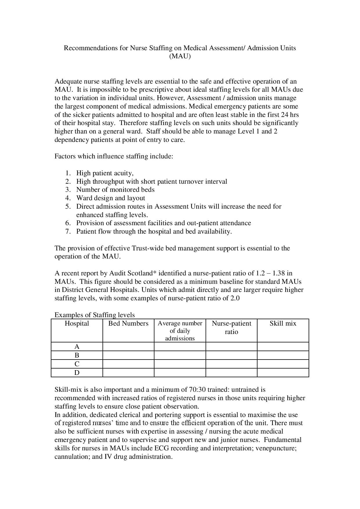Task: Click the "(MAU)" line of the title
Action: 180,56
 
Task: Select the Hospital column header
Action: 77,324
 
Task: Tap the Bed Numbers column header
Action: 128,324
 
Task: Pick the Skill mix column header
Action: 283,324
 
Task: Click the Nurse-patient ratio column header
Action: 231,327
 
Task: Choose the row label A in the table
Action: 77,346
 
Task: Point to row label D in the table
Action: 77,373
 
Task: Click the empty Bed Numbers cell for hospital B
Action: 128,355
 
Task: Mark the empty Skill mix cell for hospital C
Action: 283,364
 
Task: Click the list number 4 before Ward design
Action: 68,198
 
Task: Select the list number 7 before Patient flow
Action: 68,232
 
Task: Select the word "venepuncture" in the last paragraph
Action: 276,448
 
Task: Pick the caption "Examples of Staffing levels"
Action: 95,315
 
